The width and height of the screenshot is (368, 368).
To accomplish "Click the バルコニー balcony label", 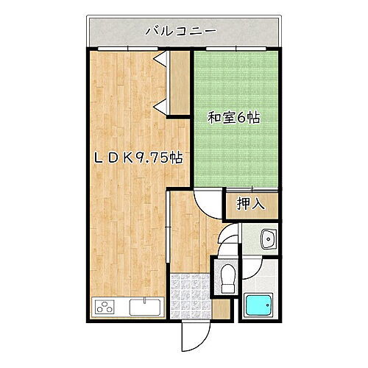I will [x=180, y=30].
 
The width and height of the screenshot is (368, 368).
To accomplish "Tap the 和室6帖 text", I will [x=233, y=117].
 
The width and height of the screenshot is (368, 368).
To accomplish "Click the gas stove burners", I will [x=105, y=308].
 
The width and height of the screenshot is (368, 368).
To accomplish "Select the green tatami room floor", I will [x=235, y=147].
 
